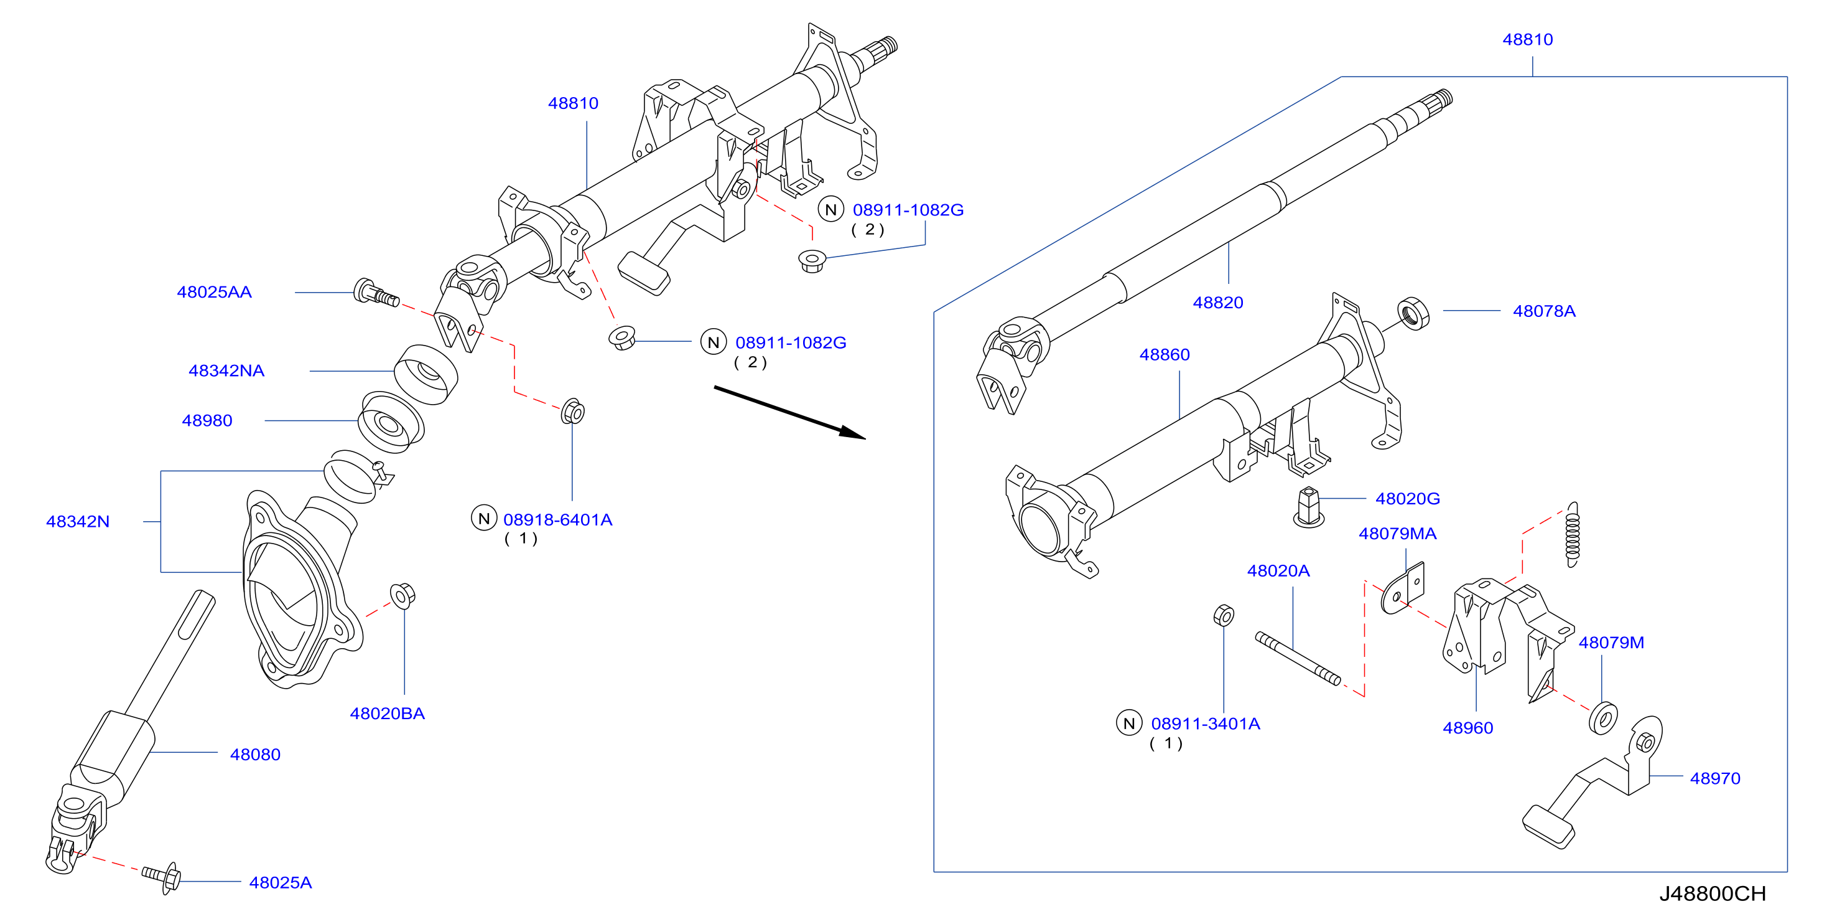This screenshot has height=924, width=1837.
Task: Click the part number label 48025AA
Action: click(214, 292)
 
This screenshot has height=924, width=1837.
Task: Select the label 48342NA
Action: click(226, 370)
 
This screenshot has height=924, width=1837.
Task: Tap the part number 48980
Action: click(207, 420)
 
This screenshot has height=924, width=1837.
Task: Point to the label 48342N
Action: click(78, 522)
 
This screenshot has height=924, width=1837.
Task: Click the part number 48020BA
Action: click(387, 714)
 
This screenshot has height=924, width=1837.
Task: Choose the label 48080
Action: click(255, 754)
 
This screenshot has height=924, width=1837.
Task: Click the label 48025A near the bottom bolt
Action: click(281, 883)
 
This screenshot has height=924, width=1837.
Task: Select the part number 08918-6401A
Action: click(557, 519)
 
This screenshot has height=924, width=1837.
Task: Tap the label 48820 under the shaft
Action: click(1218, 303)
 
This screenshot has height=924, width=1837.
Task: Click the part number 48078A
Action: click(1544, 311)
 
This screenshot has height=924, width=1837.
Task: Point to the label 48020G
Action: click(1408, 499)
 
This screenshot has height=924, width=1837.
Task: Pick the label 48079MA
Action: click(1398, 534)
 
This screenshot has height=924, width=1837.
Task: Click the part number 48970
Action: click(1715, 778)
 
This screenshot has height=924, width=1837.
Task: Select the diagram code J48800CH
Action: click(1712, 894)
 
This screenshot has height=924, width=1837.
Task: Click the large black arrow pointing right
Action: click(789, 412)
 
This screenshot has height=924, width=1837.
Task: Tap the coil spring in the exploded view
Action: click(1572, 534)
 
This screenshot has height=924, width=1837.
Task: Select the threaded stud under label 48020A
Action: click(1298, 659)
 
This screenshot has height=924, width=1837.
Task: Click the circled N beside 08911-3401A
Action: click(1129, 724)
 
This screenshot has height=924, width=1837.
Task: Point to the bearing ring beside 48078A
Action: click(1413, 313)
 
